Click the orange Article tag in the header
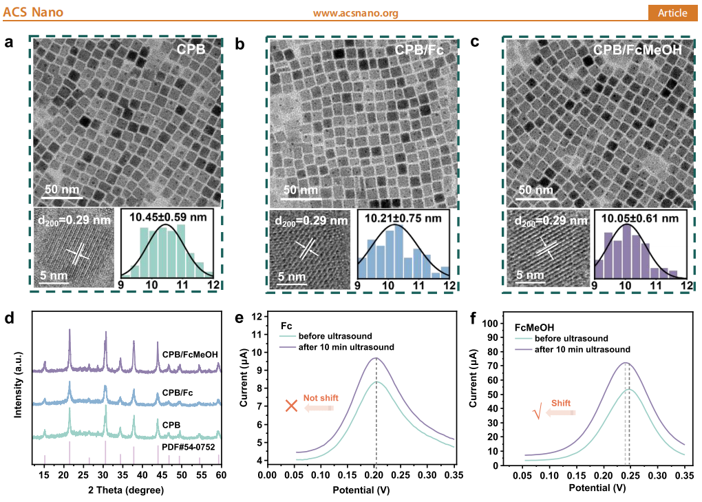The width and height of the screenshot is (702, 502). (672, 13)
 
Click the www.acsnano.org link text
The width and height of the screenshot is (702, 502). (356, 13)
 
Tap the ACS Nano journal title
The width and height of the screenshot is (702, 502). (33, 12)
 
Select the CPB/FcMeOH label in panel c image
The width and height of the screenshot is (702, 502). (637, 50)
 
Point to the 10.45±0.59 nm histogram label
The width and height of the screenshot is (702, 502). (169, 218)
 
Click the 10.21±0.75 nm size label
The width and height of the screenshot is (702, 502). (403, 218)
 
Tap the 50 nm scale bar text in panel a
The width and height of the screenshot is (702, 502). (62, 189)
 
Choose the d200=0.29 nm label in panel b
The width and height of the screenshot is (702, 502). (311, 221)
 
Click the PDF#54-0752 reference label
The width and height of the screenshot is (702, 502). (188, 447)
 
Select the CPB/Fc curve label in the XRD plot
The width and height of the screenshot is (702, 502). (178, 393)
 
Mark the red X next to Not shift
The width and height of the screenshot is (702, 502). (291, 406)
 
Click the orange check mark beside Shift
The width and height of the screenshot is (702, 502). (538, 411)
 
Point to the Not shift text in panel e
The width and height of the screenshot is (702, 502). (321, 397)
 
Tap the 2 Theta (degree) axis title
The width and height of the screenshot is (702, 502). (126, 490)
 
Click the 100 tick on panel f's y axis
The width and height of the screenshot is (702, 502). (490, 324)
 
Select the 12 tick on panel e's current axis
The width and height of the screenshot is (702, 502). (257, 316)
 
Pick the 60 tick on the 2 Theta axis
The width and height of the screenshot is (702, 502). (221, 474)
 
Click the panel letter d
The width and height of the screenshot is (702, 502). (9, 318)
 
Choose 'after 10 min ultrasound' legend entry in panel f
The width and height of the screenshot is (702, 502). (582, 349)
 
